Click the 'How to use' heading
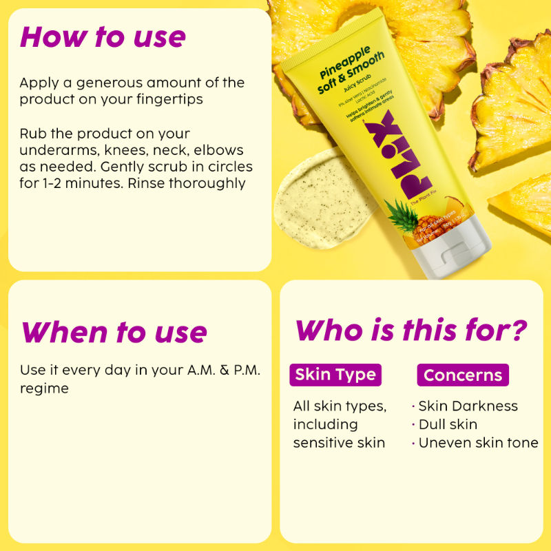click(x=103, y=37)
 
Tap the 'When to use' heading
click(x=114, y=332)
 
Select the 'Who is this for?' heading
click(x=411, y=330)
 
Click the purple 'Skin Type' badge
click(x=335, y=375)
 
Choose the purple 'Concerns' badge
click(x=462, y=375)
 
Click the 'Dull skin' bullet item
click(x=447, y=424)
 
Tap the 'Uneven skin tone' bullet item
click(x=478, y=443)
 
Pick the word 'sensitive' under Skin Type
click(x=323, y=443)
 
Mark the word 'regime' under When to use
click(x=44, y=388)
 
